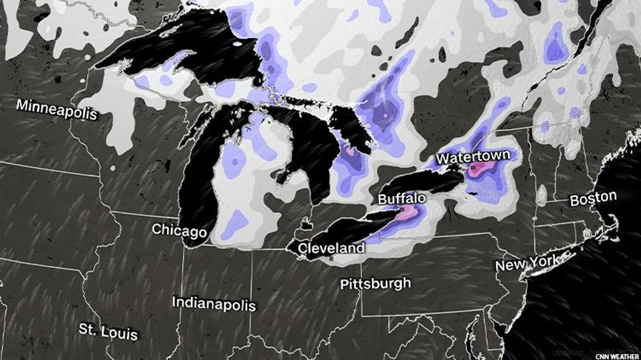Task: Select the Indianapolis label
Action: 214,303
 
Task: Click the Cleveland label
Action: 332,248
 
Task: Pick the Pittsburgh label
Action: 376,283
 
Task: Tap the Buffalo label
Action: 402,199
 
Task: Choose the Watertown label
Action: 473,156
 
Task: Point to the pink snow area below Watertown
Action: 481,168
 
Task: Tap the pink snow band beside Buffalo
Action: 407,212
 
